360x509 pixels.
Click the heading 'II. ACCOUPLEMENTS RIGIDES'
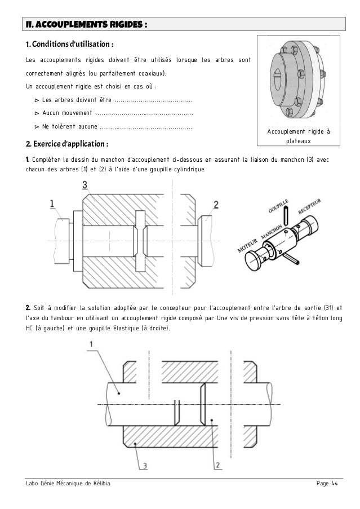coord(85,25)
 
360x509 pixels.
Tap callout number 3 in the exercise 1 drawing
coord(84,184)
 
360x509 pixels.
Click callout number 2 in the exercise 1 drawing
coord(215,204)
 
